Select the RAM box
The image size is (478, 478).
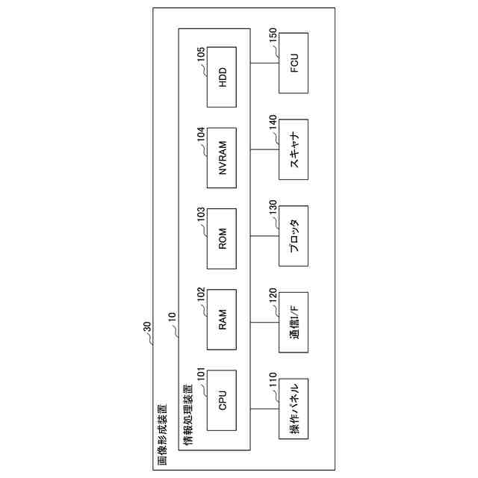[x=221, y=319]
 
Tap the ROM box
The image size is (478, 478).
[x=221, y=238]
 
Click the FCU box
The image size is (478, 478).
[x=294, y=63]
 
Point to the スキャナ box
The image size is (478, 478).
[x=294, y=149]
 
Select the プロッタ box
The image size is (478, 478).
[x=294, y=236]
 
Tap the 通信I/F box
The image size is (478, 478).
[x=294, y=322]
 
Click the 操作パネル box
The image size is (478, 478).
[x=294, y=409]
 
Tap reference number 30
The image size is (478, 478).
[x=146, y=327]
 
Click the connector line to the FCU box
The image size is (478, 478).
[x=264, y=63]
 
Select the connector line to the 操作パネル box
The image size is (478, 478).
[x=264, y=409]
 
